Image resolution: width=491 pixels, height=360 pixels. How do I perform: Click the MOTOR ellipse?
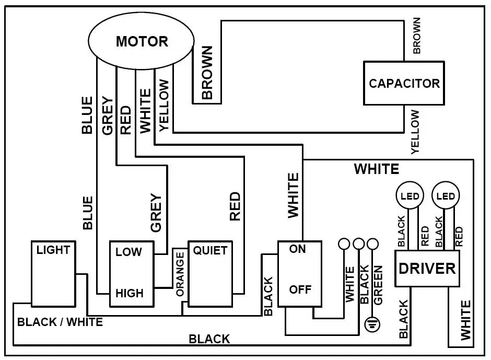click(142, 41)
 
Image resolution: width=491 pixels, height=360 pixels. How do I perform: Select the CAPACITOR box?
click(404, 83)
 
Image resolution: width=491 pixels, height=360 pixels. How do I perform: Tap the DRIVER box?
click(427, 269)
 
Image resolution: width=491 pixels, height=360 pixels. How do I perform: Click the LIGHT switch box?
click(53, 273)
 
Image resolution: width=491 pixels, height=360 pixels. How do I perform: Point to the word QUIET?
click(210, 250)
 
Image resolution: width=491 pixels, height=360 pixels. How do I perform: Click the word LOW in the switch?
click(128, 252)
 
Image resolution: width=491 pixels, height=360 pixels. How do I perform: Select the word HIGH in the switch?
click(129, 293)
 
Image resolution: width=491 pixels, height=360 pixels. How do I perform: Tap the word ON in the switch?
click(297, 249)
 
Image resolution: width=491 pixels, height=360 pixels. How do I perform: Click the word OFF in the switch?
click(300, 289)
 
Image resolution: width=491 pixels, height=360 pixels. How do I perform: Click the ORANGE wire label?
click(180, 274)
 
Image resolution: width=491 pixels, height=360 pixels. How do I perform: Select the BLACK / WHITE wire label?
click(60, 322)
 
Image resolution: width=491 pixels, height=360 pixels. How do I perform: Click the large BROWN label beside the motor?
click(207, 73)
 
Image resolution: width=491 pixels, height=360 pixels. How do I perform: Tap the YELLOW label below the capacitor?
click(415, 132)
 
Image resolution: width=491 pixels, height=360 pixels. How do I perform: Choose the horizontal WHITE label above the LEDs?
click(376, 169)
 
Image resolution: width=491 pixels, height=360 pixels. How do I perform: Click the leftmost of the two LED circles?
click(410, 196)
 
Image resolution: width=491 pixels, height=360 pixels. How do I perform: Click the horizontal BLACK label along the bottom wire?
click(209, 339)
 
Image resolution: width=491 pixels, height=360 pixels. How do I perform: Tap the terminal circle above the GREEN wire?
click(372, 244)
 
